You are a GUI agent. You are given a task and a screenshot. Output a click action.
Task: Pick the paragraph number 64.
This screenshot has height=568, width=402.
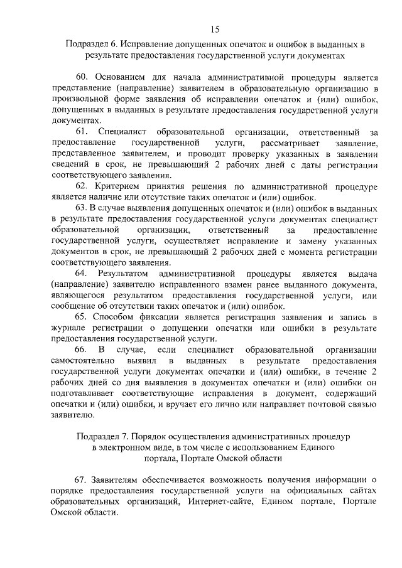pyautogui.click(x=82, y=274)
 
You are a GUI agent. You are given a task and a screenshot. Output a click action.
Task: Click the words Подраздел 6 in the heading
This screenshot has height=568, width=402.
pyautogui.click(x=89, y=45)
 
